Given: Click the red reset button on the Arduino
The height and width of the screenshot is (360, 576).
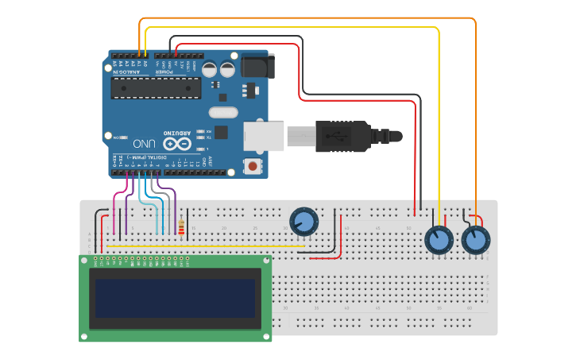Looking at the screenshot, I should point(253,166).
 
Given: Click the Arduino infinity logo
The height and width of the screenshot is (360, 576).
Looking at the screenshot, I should point(176,144).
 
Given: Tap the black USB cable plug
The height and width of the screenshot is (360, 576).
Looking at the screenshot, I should point(342,136).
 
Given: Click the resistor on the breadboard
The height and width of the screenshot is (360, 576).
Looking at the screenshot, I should point(182,229).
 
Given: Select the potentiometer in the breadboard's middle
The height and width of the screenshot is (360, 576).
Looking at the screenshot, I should point(303,221).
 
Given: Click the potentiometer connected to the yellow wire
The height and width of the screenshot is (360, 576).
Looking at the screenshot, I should point(439,240).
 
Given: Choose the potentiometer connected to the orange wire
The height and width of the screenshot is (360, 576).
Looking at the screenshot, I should point(475,240).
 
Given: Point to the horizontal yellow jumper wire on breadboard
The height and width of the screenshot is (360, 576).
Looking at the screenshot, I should point(207,246).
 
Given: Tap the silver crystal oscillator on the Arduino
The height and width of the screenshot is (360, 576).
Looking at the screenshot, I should point(223,113).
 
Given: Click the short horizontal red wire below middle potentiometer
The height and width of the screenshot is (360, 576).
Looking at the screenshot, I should point(325,258).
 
